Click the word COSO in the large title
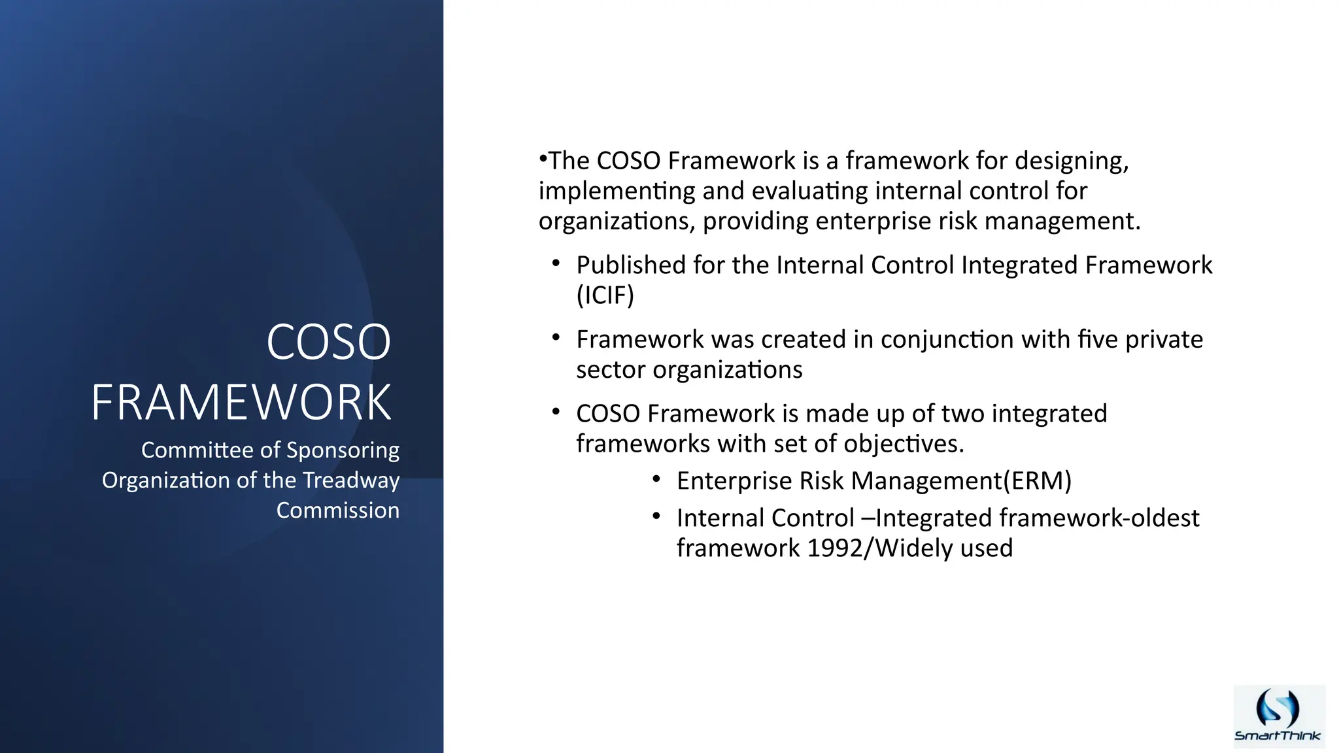click(328, 342)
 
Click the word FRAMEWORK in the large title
click(241, 402)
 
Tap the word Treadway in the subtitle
click(351, 480)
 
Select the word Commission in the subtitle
click(337, 510)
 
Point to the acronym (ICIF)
click(605, 295)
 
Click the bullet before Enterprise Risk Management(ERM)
click(656, 480)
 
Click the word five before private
click(1097, 340)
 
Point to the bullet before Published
click(556, 263)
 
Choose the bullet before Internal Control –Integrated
click(656, 517)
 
